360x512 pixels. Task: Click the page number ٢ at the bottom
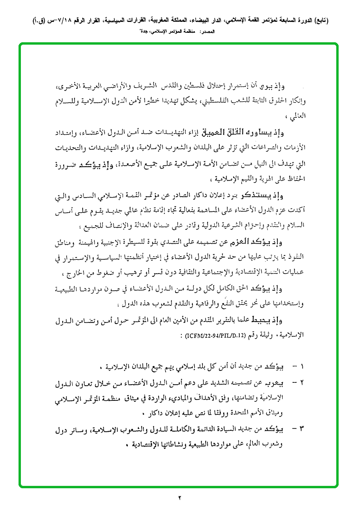180,498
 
